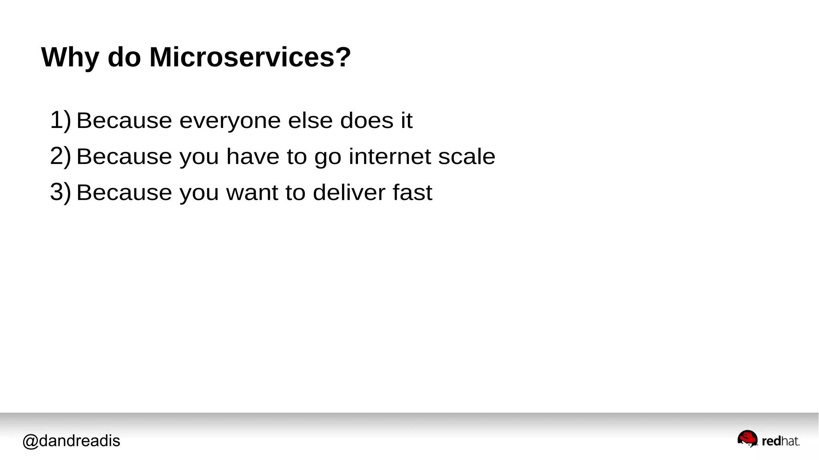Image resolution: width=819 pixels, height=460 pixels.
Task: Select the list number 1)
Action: pos(60,120)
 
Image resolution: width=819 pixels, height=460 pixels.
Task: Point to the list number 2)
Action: pos(60,156)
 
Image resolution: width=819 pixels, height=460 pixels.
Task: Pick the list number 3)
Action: pos(60,192)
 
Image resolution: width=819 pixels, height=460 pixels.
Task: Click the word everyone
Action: pos(230,121)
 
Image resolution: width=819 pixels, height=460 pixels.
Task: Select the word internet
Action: pos(390,156)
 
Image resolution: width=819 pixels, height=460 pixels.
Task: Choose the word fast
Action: pos(412,192)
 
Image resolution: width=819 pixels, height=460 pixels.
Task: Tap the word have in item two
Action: pos(253,156)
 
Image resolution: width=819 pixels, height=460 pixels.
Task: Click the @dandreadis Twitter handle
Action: pos(71,441)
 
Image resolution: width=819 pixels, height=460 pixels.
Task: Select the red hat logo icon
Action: pos(747,439)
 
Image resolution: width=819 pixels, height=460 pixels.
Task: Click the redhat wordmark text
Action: pos(781,441)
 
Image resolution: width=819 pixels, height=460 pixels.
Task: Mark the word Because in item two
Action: pos(124,156)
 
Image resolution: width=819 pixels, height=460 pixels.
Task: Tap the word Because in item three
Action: pos(124,192)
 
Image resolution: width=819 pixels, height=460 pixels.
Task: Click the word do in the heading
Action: pos(124,57)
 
